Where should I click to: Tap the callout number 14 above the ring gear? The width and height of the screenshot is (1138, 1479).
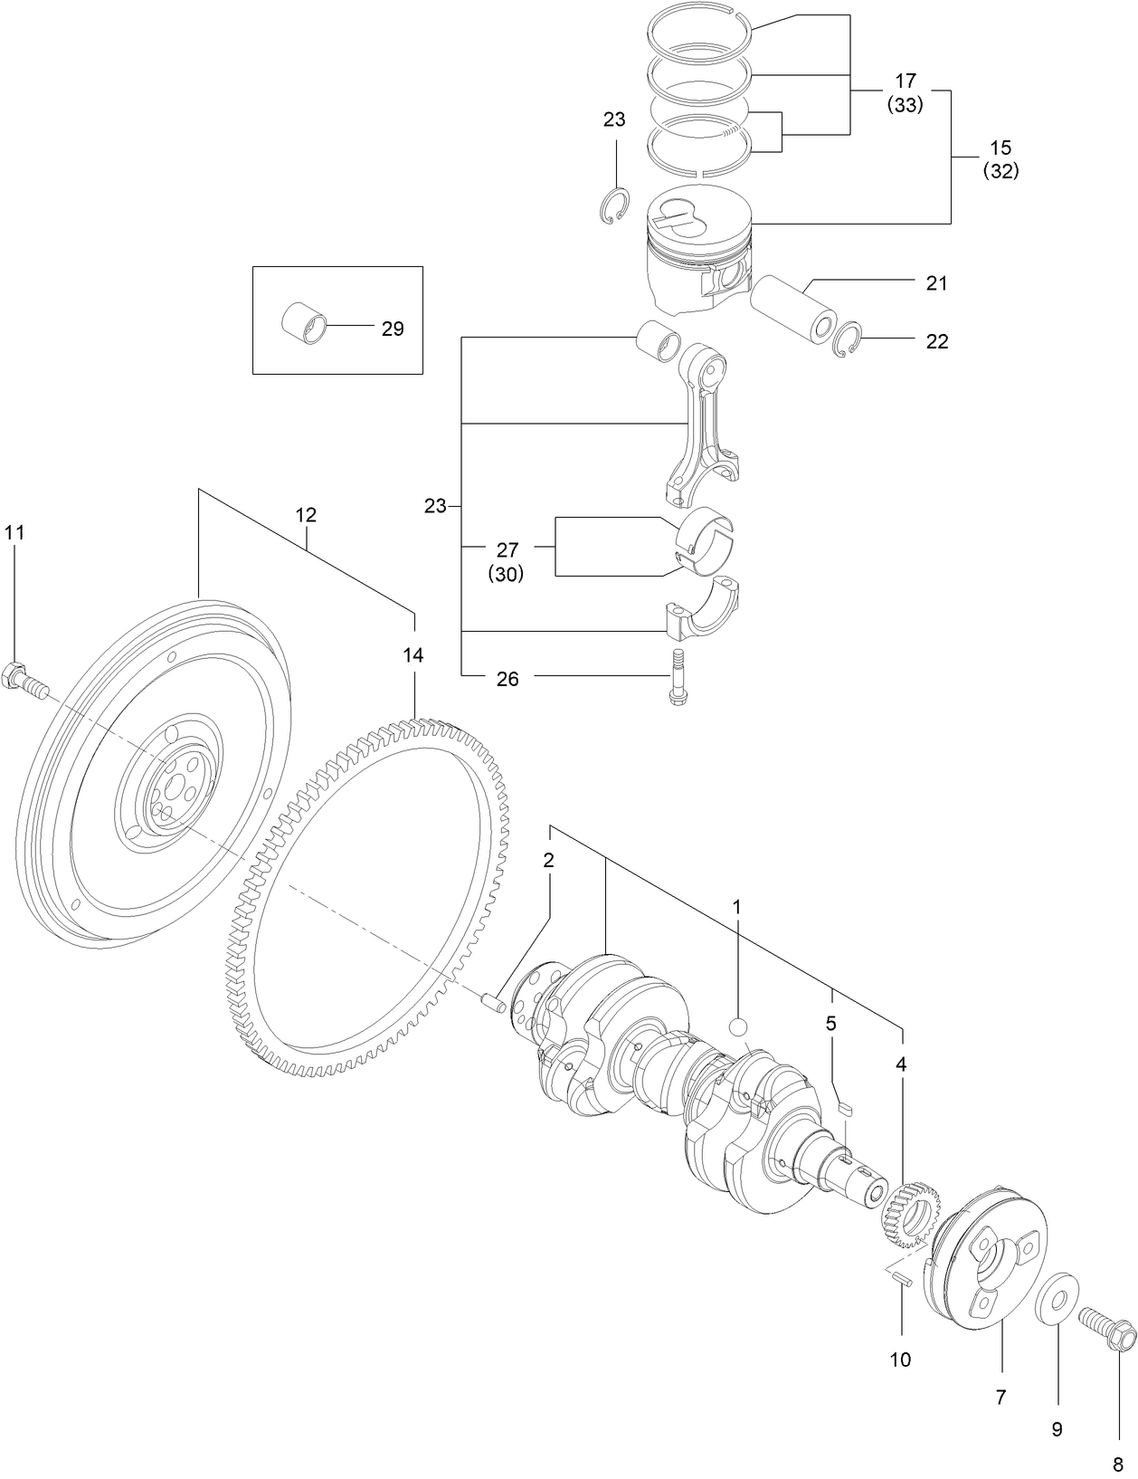(413, 655)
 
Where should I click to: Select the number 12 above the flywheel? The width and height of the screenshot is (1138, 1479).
(306, 515)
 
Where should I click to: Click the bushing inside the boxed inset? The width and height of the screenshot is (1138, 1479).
(304, 324)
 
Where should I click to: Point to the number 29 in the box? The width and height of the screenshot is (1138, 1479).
(392, 329)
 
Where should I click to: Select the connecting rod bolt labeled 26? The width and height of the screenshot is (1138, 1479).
(676, 677)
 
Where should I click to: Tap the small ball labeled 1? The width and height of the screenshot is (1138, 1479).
(738, 1028)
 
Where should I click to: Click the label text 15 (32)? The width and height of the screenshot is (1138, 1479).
(1000, 159)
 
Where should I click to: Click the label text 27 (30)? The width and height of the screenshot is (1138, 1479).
(506, 561)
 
